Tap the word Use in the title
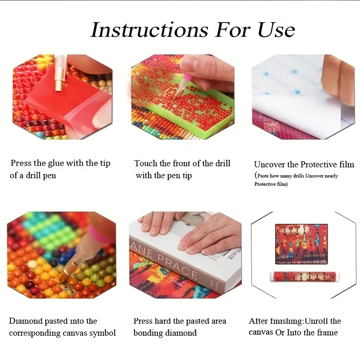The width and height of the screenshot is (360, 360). (276, 30)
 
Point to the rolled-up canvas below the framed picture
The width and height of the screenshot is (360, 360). (305, 276)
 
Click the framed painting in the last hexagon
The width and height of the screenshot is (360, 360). (301, 244)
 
